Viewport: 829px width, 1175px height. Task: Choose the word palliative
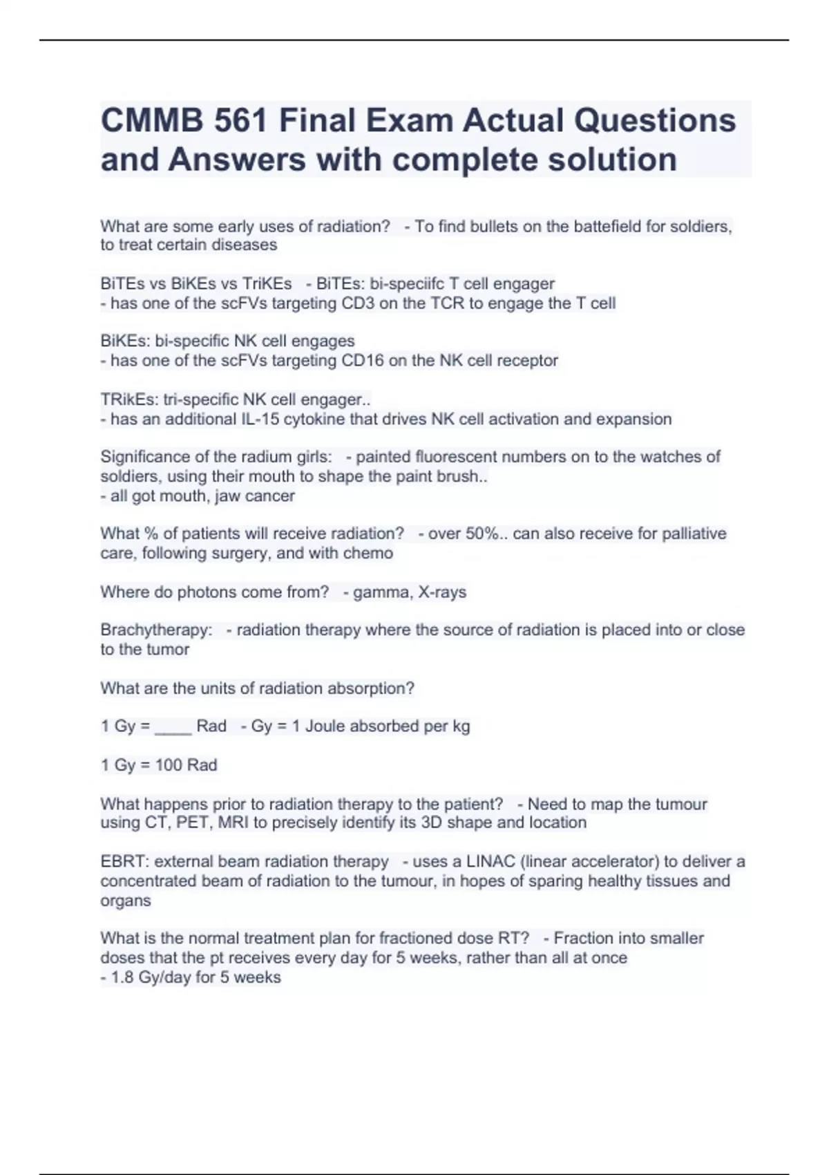click(694, 534)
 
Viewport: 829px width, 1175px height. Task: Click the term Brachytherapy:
click(156, 630)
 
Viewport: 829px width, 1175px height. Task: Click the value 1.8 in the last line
click(122, 978)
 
